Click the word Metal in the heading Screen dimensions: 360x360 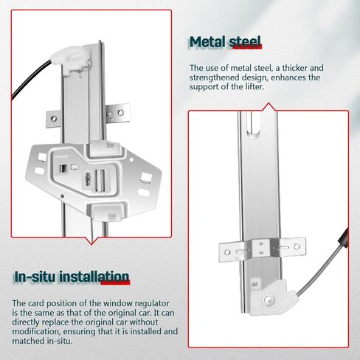(x=207, y=42)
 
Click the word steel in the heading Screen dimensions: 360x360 (x=245, y=42)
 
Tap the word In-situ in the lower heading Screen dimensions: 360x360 (x=35, y=277)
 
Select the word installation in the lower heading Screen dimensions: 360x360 (x=94, y=277)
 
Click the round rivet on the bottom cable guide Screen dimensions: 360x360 (x=267, y=300)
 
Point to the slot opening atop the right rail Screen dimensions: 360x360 (x=253, y=123)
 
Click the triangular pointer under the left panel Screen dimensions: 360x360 (x=91, y=240)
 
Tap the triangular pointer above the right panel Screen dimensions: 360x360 (x=269, y=107)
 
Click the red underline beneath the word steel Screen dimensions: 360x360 (x=247, y=46)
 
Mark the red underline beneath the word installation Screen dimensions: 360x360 (x=115, y=283)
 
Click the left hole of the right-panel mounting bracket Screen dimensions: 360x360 (x=227, y=252)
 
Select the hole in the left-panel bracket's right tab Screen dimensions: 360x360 (x=120, y=113)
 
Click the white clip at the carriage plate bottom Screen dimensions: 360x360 (x=108, y=212)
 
